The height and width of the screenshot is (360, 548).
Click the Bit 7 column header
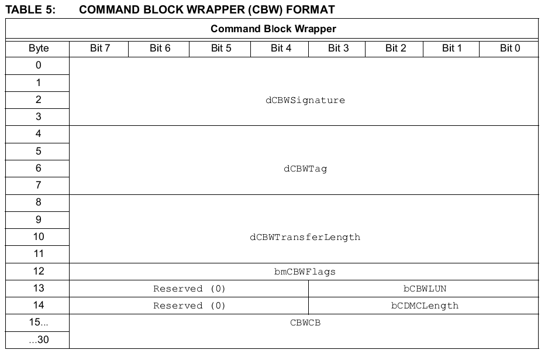point(100,48)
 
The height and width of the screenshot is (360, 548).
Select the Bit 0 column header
point(510,48)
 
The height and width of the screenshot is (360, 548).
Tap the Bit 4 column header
point(281,48)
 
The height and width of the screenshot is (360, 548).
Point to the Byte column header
point(39,48)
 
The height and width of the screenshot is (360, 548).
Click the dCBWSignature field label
point(305,101)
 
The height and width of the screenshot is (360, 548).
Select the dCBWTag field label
point(305,169)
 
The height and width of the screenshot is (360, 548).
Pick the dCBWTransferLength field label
point(305,237)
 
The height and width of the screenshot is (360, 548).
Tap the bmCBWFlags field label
point(305,272)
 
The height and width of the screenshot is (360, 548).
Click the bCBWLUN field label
point(425,289)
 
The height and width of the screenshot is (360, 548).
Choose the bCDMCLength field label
point(425,306)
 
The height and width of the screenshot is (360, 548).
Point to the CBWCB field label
point(305,323)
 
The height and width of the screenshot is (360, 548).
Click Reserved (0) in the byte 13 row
point(189,289)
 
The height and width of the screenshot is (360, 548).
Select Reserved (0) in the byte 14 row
point(189,306)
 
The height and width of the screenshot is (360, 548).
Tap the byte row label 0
point(39,66)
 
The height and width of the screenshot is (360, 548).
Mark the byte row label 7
point(39,185)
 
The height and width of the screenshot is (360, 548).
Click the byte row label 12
point(39,271)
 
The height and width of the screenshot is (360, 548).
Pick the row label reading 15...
point(39,322)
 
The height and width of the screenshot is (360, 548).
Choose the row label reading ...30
point(39,340)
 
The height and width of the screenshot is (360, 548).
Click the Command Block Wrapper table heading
point(273,29)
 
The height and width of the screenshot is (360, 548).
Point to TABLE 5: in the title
point(30,10)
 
